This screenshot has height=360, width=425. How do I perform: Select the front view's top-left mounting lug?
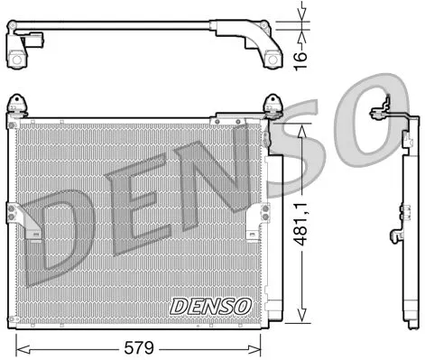point(16,105)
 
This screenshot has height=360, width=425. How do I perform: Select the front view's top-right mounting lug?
point(272,104)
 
